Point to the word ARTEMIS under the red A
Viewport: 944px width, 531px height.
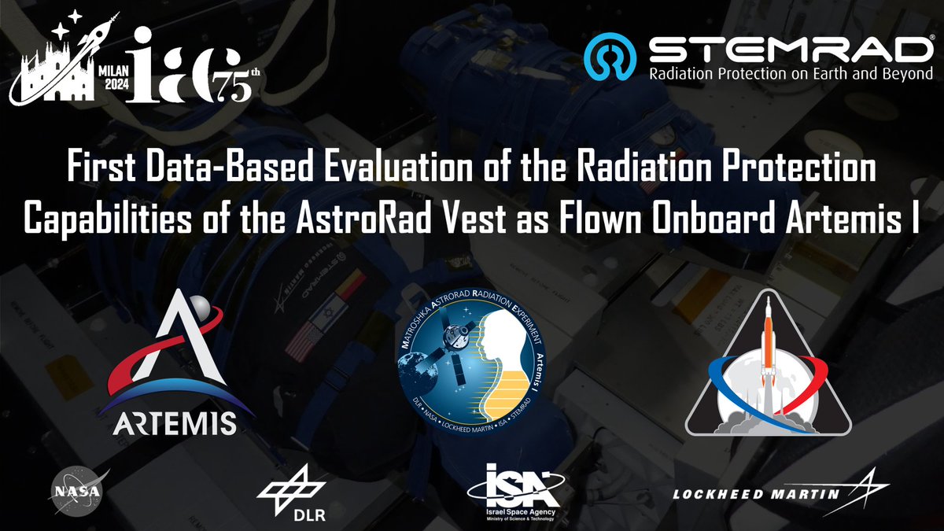pyautogui.click(x=174, y=422)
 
